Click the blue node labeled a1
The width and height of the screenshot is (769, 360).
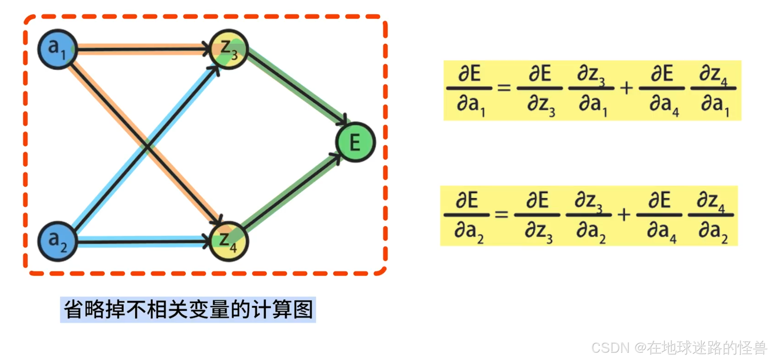point(57,49)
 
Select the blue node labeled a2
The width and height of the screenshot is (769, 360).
point(57,241)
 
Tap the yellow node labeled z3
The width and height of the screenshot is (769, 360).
point(229,49)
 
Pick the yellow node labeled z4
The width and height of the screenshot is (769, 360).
point(229,241)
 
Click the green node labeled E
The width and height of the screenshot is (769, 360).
point(355,142)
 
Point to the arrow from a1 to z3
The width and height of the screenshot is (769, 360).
point(142,49)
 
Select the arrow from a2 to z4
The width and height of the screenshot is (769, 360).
point(142,241)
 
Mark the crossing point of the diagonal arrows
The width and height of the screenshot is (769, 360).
point(147,147)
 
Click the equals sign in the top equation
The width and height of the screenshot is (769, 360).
point(504,88)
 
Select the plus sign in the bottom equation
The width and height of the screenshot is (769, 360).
point(624,215)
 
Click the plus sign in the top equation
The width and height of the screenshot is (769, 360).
point(626,88)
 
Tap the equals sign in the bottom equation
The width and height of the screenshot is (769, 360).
point(501,215)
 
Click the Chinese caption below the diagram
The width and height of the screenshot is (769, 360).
point(188,310)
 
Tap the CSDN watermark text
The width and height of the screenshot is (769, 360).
point(679,348)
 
